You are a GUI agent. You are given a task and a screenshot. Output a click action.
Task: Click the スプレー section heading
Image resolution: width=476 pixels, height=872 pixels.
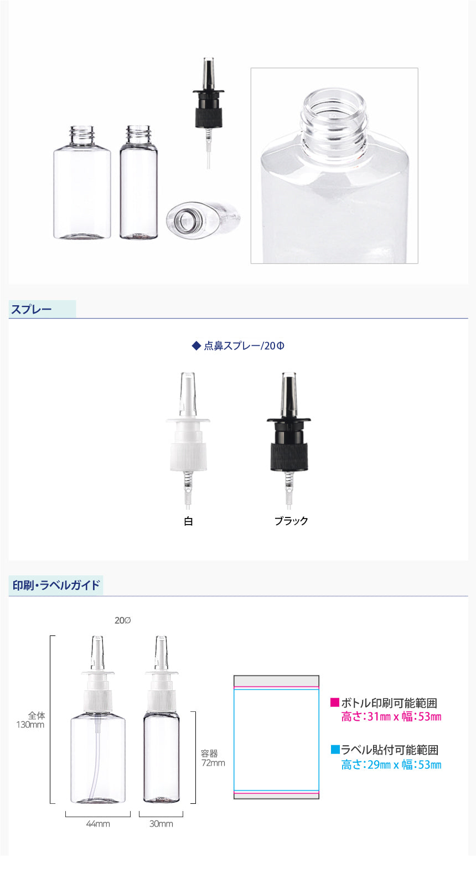click(31, 310)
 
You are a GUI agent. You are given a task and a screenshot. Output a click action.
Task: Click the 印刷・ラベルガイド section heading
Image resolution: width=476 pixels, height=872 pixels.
click(56, 585)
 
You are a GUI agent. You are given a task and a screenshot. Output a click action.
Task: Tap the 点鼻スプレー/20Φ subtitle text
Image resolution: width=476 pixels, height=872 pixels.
click(244, 346)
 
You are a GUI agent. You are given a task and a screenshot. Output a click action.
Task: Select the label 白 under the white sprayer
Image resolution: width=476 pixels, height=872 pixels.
click(188, 521)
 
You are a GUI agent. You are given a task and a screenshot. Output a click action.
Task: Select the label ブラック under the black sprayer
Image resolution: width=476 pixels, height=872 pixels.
click(291, 521)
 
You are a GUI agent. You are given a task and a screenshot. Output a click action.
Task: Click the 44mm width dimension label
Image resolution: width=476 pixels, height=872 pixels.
click(98, 824)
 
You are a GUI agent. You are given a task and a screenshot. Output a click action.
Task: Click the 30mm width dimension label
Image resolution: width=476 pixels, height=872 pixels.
click(161, 824)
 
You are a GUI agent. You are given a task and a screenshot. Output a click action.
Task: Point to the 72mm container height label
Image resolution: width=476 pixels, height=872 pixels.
click(213, 763)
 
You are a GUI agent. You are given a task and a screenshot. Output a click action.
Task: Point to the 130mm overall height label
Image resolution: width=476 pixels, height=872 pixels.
click(30, 725)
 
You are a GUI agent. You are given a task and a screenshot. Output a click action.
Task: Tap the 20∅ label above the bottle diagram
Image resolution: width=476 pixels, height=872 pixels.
click(122, 620)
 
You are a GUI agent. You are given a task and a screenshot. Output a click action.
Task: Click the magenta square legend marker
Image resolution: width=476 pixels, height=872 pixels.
click(335, 702)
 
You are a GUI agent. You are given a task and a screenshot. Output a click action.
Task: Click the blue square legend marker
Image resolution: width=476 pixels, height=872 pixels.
click(335, 750)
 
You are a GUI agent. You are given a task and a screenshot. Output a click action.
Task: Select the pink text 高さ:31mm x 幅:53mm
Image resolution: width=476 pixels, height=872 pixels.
click(391, 716)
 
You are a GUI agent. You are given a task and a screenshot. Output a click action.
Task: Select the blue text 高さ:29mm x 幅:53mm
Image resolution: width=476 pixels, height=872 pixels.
click(391, 765)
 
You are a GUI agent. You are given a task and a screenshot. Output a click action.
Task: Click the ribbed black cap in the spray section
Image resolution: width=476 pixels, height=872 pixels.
click(289, 456)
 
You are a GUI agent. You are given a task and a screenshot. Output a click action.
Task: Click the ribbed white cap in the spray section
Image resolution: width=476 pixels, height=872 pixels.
click(188, 456)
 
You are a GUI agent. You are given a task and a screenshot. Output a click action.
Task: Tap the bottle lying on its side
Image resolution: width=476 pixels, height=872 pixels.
click(203, 220)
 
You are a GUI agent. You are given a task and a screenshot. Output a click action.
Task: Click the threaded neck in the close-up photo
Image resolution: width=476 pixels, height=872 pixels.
click(334, 119)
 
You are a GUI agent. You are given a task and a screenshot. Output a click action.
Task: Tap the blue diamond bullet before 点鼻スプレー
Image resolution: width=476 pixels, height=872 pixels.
click(196, 345)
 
